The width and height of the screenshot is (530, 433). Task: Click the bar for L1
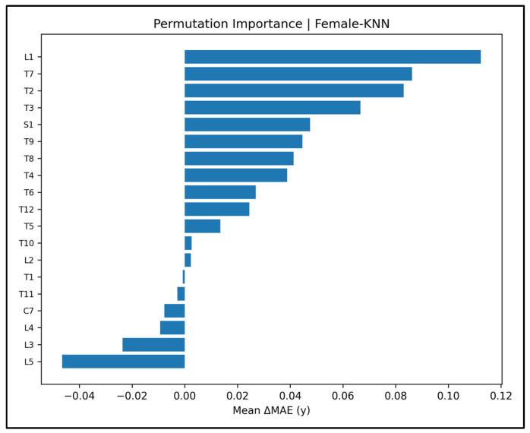tap(332, 57)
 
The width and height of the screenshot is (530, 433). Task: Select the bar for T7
tap(298, 74)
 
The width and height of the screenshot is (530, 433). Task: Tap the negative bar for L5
tap(123, 362)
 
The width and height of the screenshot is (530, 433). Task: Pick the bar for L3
tap(153, 345)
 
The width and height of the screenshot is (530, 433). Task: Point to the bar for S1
tap(247, 125)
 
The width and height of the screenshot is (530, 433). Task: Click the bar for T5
tap(202, 226)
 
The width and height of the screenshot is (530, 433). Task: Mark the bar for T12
tap(216, 210)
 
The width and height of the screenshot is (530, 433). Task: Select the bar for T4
tap(235, 175)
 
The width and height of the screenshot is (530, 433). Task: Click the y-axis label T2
tap(28, 91)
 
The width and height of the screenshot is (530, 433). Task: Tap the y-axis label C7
tap(28, 311)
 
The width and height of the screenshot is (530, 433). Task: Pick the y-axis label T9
tap(28, 141)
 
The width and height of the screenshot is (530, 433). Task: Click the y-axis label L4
tap(28, 328)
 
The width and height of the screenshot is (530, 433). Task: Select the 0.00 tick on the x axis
tap(185, 397)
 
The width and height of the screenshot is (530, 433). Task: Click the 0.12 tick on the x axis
tap(501, 397)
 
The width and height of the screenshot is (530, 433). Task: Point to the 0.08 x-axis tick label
tap(396, 397)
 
